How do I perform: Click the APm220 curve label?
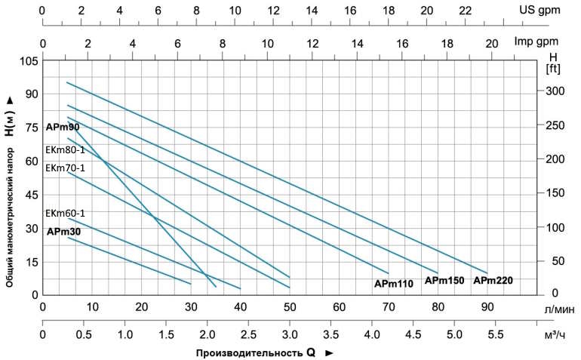point(493,281)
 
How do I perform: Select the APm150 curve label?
point(444,281)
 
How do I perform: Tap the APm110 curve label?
point(394,284)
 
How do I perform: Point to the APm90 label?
point(63,127)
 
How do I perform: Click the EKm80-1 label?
point(65,150)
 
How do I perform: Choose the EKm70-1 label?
point(65,168)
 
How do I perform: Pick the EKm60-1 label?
point(65,214)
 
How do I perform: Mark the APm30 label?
point(63,232)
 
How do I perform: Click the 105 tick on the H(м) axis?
point(28,60)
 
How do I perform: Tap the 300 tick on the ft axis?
point(555,91)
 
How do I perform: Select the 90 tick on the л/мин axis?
point(487,307)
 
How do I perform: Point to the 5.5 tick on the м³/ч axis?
point(496,335)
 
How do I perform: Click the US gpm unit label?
point(539,11)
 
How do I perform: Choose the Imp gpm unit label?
point(536,42)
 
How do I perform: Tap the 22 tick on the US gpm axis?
point(466,11)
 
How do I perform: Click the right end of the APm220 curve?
point(487,273)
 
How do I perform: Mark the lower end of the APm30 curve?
point(191,284)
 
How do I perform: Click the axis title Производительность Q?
point(255,352)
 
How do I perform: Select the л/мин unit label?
point(560,309)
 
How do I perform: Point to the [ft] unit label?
point(553,69)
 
